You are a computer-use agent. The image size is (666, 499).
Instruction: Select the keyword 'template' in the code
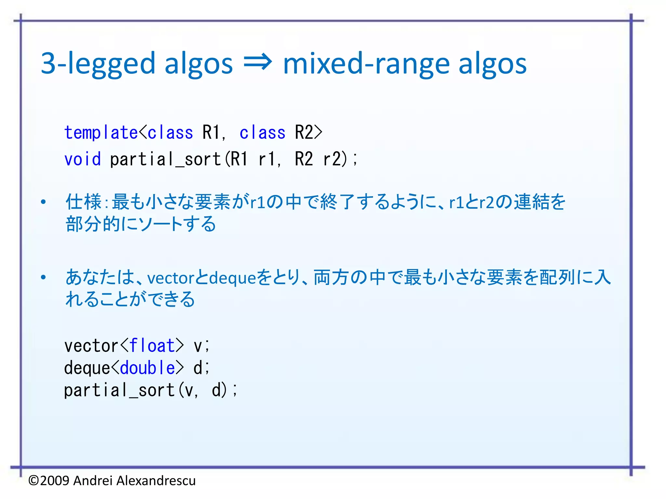[x=101, y=133]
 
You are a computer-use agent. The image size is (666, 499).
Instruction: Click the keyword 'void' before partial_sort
[x=83, y=159]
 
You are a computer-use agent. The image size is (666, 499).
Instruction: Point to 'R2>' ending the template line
[x=308, y=133]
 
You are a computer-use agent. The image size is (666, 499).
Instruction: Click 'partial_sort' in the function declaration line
[x=165, y=160]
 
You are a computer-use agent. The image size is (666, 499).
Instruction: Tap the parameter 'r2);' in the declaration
[x=340, y=159]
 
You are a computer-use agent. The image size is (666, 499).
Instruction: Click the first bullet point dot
[x=43, y=202]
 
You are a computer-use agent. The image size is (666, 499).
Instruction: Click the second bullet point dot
[x=43, y=277]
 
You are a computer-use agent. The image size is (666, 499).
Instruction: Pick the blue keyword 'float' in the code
[x=152, y=346]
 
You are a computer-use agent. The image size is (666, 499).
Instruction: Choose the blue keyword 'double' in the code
[x=147, y=368]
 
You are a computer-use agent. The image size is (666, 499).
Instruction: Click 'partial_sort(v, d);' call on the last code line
[x=150, y=390]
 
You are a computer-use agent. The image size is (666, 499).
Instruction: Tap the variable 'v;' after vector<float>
[x=201, y=346]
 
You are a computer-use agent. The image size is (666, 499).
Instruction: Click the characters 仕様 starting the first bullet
[x=84, y=202]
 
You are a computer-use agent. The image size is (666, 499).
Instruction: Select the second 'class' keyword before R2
[x=262, y=133]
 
